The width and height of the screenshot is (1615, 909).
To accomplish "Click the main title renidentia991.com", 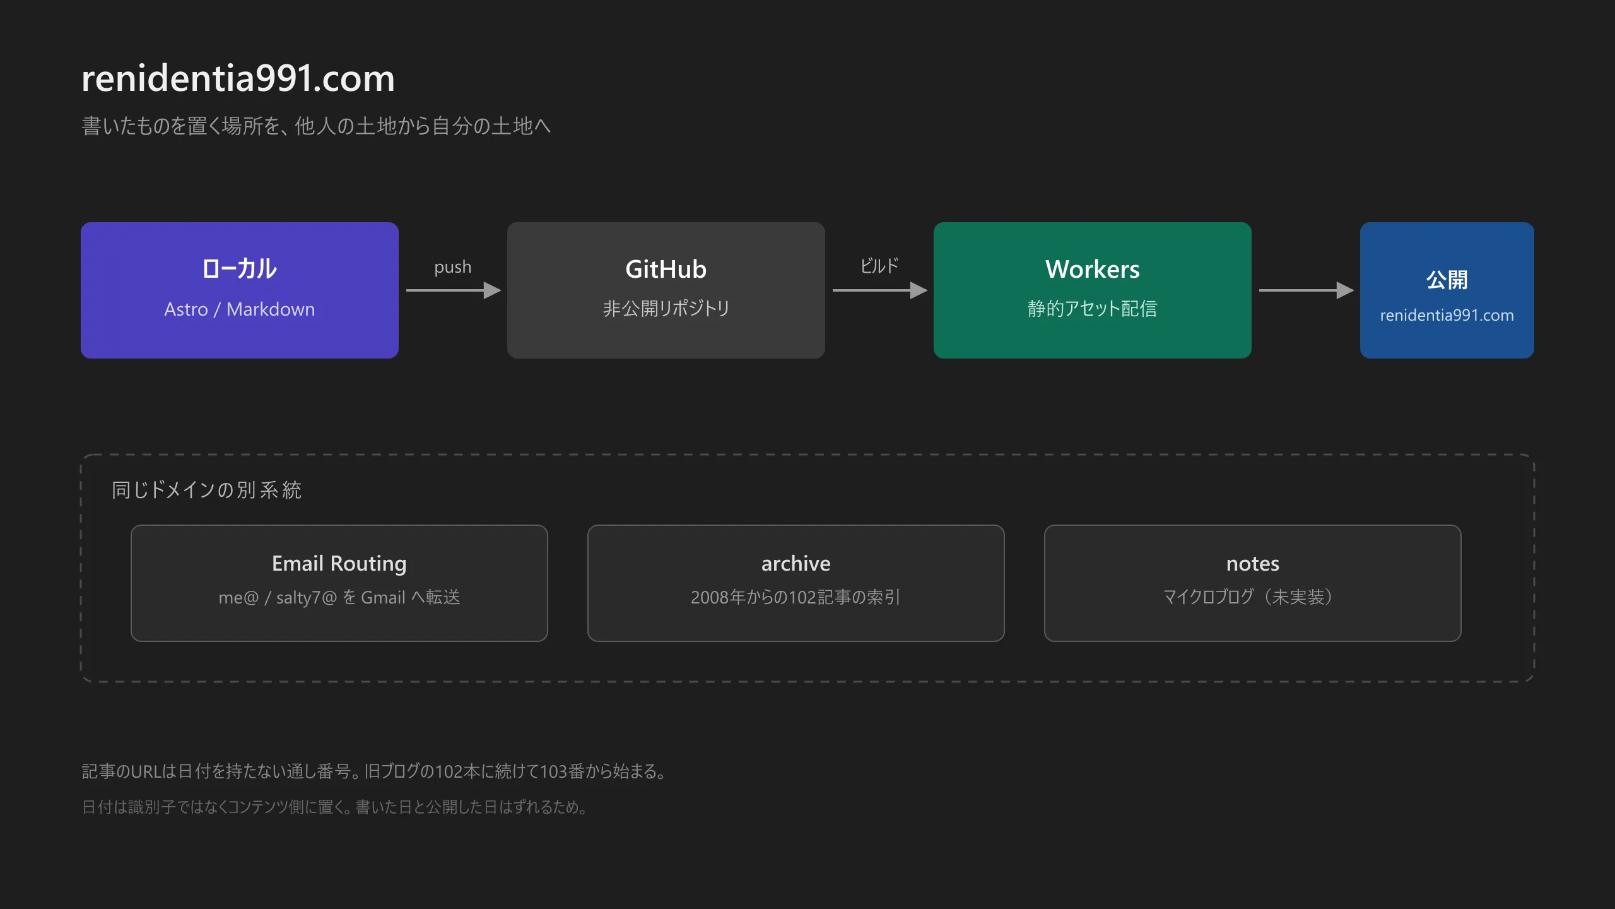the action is coord(238,78).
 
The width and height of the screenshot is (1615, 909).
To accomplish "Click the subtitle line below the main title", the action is coord(316,126).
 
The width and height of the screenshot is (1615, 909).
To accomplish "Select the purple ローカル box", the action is coord(240,290).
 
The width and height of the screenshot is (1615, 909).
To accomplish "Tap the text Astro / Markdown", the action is coord(240,309).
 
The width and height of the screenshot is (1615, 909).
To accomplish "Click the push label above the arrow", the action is coord(453,267).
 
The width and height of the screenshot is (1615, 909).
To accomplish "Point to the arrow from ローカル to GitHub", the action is coord(454,290).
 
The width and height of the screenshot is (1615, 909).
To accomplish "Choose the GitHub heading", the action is coord(666,270).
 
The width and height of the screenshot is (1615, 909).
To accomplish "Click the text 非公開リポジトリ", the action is coord(666,309).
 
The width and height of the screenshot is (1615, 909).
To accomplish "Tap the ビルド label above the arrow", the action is coord(879,266).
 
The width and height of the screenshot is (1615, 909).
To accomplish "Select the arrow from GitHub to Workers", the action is coord(880,290).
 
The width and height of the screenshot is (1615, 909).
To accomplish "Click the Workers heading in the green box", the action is coord(1093,270).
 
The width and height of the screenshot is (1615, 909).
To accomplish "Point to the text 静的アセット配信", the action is coord(1093,309).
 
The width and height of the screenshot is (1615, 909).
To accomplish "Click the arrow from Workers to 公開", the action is coord(1307,290).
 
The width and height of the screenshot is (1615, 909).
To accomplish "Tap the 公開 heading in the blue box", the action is coord(1447,280).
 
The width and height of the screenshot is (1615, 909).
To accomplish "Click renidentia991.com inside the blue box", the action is coord(1447,316).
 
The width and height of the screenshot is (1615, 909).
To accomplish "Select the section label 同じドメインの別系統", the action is coord(207,490).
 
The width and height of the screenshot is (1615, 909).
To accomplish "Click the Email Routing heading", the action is coord(339,564).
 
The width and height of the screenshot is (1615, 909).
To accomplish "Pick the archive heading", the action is coord(796,564).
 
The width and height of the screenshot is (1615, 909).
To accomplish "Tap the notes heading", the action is coord(1253,564).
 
